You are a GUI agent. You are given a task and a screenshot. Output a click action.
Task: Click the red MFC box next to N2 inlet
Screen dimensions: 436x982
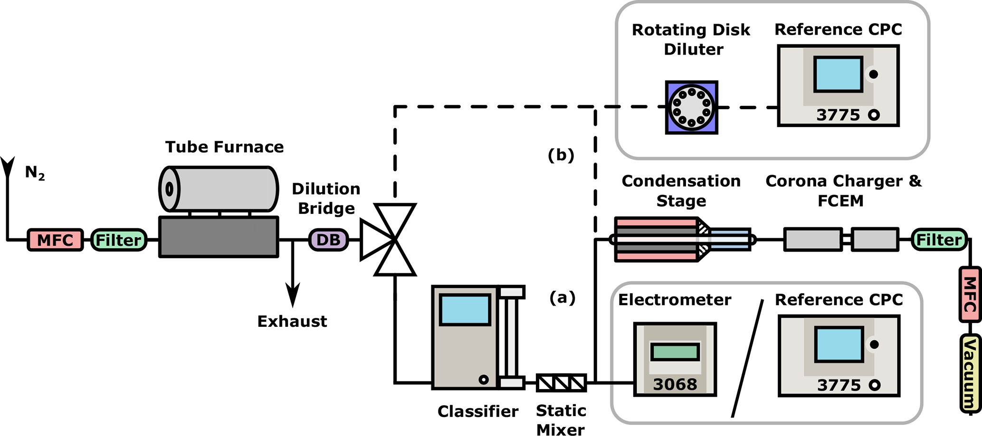[56, 240]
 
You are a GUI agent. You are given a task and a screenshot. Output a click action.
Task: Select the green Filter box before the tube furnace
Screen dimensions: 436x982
[118, 240]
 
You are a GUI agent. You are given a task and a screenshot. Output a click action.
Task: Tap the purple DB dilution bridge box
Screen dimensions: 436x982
[328, 240]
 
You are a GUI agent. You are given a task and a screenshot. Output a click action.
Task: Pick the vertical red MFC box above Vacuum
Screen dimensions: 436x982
[969, 294]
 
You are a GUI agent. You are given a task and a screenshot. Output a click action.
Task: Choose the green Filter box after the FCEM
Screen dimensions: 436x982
[939, 240]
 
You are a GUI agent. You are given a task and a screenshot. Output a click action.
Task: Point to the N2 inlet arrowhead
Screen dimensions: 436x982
[8, 166]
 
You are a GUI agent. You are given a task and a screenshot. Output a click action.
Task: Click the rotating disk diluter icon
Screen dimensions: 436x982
[691, 108]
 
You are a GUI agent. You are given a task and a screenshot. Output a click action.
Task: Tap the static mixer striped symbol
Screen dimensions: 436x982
[561, 382]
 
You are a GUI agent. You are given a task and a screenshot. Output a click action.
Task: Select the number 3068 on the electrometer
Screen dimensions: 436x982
[675, 384]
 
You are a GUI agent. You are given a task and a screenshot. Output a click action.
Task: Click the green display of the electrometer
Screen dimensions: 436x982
[675, 352]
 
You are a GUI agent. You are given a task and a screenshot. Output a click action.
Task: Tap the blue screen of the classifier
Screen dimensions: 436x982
[465, 309]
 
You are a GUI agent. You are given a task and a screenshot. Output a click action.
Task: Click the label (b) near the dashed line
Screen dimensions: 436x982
[561, 155]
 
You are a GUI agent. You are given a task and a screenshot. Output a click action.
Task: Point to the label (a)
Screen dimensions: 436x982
[563, 297]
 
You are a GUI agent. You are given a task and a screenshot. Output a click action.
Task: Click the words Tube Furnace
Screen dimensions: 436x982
[224, 147]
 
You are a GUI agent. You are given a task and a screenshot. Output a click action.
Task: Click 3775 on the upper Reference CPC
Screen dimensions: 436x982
[838, 115]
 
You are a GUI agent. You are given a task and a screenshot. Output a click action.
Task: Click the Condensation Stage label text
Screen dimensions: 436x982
[681, 191]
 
